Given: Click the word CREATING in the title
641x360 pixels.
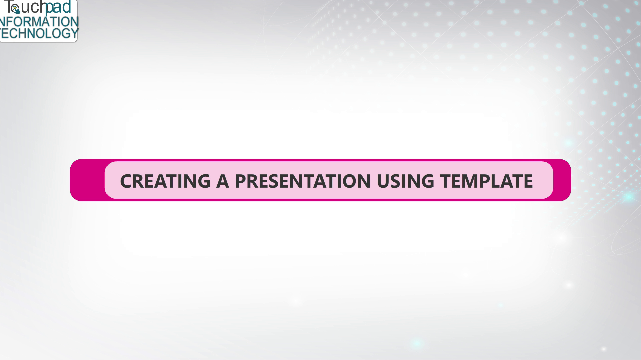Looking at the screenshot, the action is [165, 181].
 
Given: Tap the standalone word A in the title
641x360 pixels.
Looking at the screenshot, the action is [222, 181].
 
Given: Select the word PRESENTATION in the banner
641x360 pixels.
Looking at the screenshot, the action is [302, 181].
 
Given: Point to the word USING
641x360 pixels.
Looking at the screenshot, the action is [405, 181].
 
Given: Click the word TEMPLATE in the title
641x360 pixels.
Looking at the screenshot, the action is [486, 181].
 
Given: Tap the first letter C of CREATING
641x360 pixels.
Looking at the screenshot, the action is [126, 181].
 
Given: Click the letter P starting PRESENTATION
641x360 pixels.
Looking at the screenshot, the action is [241, 181].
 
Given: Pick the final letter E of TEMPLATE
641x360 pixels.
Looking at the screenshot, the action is [528, 181].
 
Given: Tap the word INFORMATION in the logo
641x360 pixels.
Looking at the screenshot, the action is [39, 22].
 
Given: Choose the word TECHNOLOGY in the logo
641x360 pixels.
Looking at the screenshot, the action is [39, 33].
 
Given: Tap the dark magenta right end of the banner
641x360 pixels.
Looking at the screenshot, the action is [562, 180].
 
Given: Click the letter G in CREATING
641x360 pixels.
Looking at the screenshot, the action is [203, 181].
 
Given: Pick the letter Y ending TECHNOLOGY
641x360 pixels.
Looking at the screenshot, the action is [74, 33].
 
